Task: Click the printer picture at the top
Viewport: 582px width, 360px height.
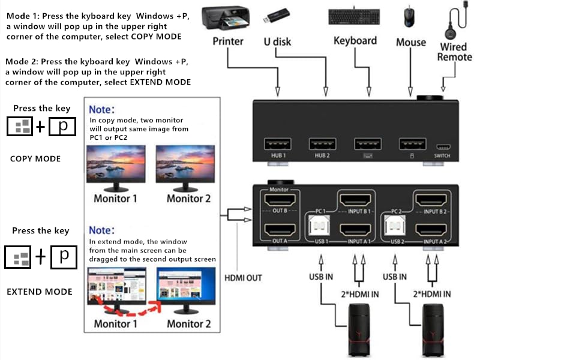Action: (226, 18)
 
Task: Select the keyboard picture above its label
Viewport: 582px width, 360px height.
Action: (354, 17)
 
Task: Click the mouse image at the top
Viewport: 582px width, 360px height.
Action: (410, 16)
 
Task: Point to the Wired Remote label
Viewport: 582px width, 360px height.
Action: (454, 52)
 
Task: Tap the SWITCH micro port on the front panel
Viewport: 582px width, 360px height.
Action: (442, 146)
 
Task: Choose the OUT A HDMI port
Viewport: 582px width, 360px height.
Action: (278, 230)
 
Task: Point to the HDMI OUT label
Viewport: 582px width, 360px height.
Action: (243, 278)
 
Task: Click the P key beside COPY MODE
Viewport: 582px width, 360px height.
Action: (63, 127)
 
